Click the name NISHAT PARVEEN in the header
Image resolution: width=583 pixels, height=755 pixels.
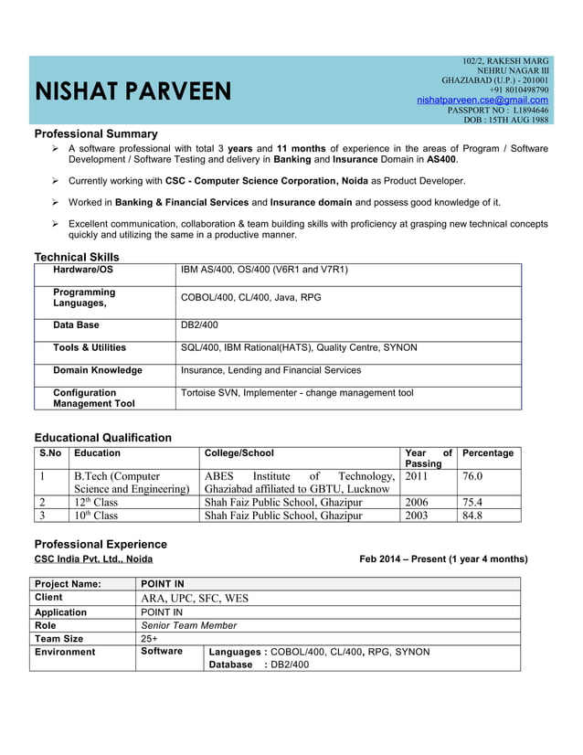133,92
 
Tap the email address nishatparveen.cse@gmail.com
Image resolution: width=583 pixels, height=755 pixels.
482,100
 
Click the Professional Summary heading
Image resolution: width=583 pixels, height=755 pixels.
96,133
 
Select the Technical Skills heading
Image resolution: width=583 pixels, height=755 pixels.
77,257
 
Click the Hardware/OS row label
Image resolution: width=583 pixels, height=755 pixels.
83,270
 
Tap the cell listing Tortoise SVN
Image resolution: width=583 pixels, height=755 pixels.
297,393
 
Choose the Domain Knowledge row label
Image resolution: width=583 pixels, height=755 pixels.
98,370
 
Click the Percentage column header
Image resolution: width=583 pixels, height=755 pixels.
488,453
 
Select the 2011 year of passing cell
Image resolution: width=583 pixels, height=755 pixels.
417,476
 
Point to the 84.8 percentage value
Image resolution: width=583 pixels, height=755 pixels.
472,515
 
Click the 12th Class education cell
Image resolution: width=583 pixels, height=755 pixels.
96,502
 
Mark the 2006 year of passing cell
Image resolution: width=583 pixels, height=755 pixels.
417,502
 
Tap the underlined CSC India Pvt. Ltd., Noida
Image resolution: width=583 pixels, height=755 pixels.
93,558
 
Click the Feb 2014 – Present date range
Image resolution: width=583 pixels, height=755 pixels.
443,558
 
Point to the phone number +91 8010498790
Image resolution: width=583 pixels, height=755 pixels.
519,90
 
